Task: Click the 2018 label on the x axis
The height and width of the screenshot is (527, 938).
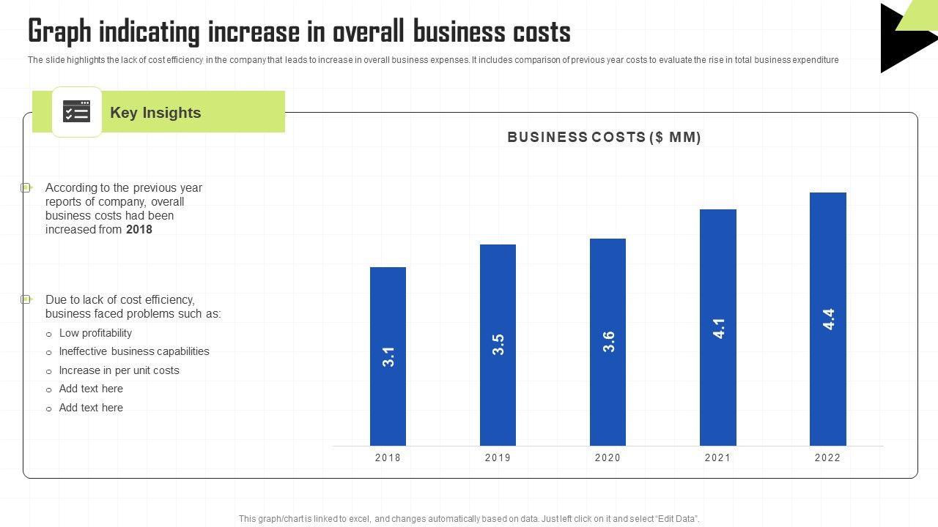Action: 388,458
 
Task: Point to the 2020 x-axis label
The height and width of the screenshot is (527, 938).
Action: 608,458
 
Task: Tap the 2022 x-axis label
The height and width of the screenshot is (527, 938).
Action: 827,458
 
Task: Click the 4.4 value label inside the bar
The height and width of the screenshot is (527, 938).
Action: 829,319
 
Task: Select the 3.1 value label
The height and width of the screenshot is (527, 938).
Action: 389,356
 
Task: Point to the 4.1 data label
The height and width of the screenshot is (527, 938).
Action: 719,328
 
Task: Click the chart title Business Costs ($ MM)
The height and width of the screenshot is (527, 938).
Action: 604,137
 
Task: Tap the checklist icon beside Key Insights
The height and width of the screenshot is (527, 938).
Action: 76,111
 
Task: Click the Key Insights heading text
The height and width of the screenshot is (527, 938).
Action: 155,113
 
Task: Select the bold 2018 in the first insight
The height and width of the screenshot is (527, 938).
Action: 139,230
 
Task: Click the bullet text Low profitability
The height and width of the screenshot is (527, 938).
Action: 95,333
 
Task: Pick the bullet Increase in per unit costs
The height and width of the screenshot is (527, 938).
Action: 119,370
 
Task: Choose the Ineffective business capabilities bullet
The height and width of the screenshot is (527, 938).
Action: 134,351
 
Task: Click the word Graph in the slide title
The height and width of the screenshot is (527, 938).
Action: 59,32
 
